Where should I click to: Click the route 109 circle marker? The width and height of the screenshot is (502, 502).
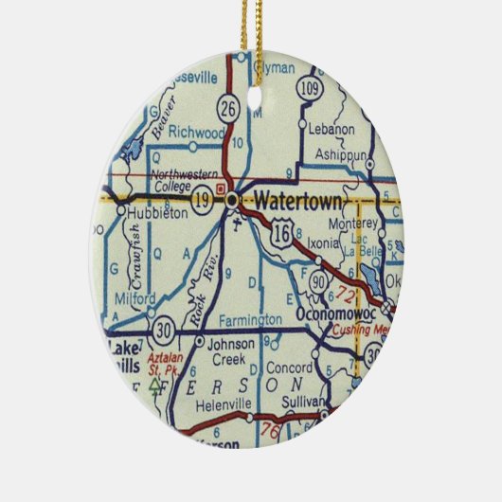[308, 88]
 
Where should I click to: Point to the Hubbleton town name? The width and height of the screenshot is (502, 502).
[154, 214]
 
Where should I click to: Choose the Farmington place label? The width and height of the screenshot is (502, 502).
[248, 321]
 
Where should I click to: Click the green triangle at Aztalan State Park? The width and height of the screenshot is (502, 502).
[155, 385]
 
